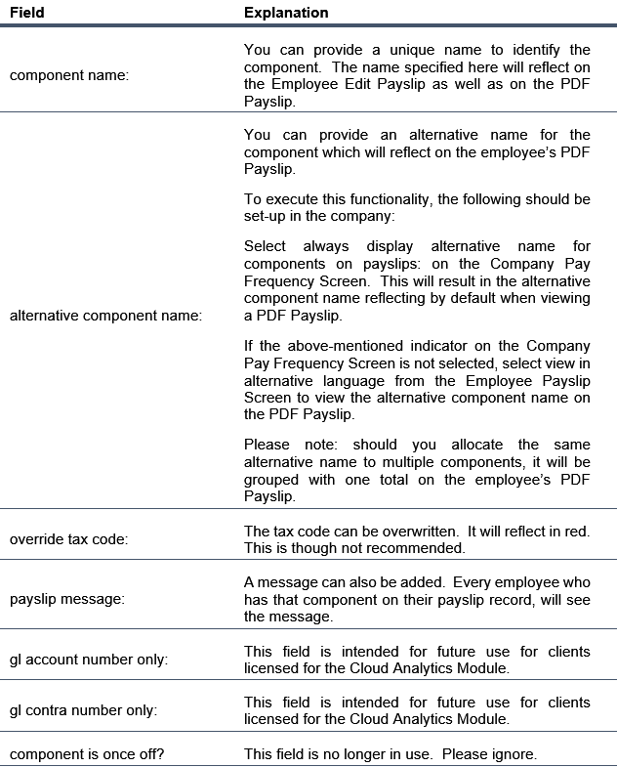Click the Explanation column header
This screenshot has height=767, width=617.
coord(286,13)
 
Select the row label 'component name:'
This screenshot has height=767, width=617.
coord(68,75)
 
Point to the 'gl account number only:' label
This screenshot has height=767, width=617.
coord(89,660)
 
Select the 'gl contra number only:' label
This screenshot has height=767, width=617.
coord(82,710)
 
